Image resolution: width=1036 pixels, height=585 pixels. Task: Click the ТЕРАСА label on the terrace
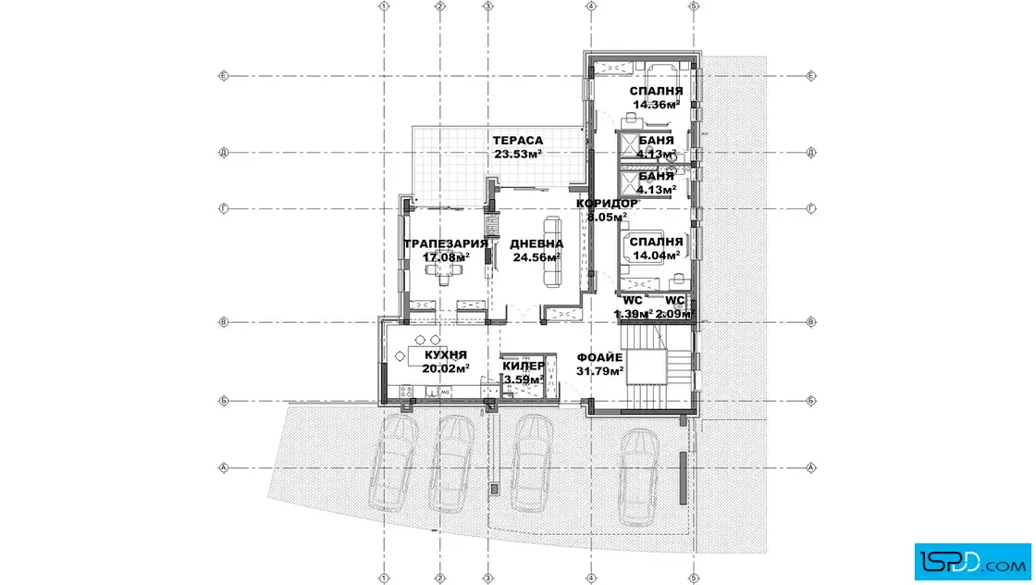518,140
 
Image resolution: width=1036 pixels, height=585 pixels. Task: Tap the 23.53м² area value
518,154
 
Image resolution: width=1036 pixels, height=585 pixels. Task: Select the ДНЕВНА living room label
536,244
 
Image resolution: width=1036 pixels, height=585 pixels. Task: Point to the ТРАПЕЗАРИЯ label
446,243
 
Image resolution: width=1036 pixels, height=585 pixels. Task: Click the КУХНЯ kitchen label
446,355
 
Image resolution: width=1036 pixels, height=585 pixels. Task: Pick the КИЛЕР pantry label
524,366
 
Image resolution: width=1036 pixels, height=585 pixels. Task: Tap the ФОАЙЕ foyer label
600,357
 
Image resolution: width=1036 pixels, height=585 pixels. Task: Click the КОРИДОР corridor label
607,203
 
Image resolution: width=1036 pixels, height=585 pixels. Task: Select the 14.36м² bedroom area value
657,105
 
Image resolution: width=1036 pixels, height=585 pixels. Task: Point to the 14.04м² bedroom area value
657,255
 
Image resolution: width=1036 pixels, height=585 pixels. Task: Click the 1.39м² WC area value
634,314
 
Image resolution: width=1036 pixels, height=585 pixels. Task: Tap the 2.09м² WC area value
674,314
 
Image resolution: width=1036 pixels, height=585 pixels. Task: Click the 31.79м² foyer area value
600,371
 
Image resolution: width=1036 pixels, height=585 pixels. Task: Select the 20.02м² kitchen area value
446,368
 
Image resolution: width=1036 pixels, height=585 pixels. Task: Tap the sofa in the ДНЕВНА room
552,251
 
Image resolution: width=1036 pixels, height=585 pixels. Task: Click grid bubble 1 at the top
384,6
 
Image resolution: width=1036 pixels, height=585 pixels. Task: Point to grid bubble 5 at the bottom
694,579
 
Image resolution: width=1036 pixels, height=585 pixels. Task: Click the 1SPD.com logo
972,562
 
